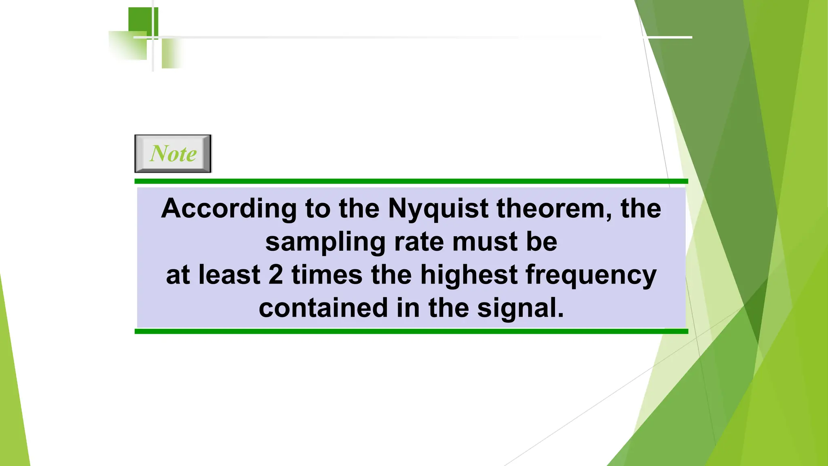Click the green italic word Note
(173, 154)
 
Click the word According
(229, 209)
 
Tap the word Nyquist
(438, 209)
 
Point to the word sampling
(325, 243)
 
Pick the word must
(484, 242)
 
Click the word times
(327, 275)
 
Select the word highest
(469, 275)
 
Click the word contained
(323, 308)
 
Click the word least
(229, 275)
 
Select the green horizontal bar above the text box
(411, 181)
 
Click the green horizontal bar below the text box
(411, 331)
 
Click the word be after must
(541, 242)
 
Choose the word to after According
(317, 209)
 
